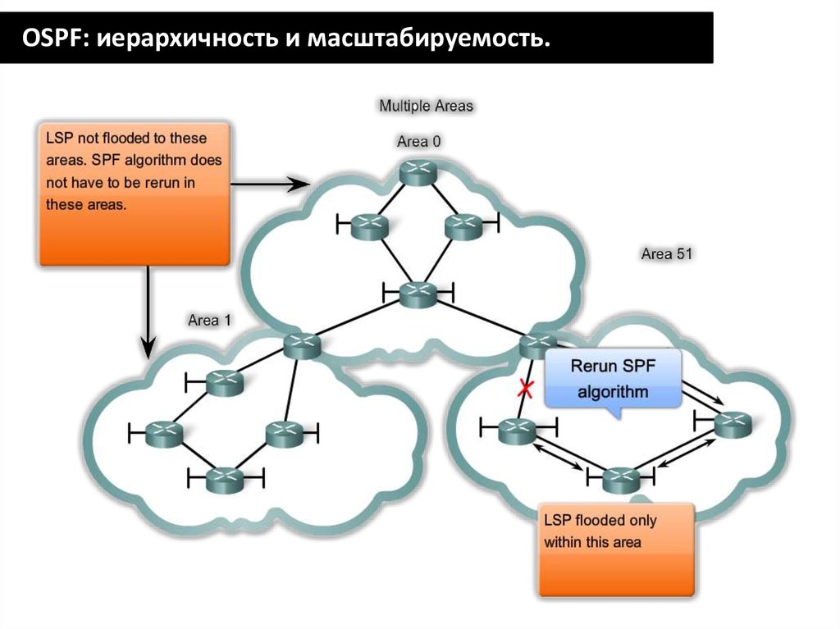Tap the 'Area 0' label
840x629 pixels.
[x=418, y=141]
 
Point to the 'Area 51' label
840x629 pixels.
[x=667, y=254]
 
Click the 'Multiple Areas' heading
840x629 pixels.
[x=426, y=106]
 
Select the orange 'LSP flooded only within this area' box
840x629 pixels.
[x=616, y=549]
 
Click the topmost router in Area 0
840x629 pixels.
[x=419, y=171]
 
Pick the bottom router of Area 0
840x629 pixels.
[x=418, y=293]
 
